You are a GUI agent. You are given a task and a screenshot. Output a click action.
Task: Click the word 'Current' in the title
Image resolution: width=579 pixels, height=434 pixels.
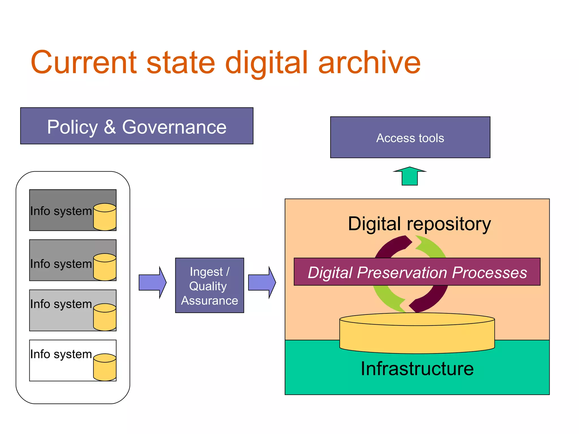pyautogui.click(x=84, y=63)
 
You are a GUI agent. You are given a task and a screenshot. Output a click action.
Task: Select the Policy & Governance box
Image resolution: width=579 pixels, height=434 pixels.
pyautogui.click(x=137, y=126)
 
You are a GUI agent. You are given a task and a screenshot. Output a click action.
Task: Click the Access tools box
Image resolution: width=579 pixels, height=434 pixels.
pyautogui.click(x=410, y=138)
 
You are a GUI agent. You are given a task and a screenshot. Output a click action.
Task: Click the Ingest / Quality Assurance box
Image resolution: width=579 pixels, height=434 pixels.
pyautogui.click(x=209, y=285)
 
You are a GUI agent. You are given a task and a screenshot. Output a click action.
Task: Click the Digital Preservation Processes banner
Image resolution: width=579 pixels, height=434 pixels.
pyautogui.click(x=417, y=272)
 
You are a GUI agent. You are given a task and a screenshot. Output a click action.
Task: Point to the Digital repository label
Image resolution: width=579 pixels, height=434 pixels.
pyautogui.click(x=419, y=224)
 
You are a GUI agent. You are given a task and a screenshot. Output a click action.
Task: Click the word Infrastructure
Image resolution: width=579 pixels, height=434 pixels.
pyautogui.click(x=417, y=369)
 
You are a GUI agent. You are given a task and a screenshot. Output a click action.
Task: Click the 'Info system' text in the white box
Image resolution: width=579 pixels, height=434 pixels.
pyautogui.click(x=61, y=354)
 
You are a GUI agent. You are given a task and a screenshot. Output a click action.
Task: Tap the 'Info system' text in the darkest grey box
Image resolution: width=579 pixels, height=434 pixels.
pyautogui.click(x=61, y=211)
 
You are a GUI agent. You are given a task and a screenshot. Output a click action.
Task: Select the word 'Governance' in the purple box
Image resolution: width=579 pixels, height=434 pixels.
pyautogui.click(x=174, y=127)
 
